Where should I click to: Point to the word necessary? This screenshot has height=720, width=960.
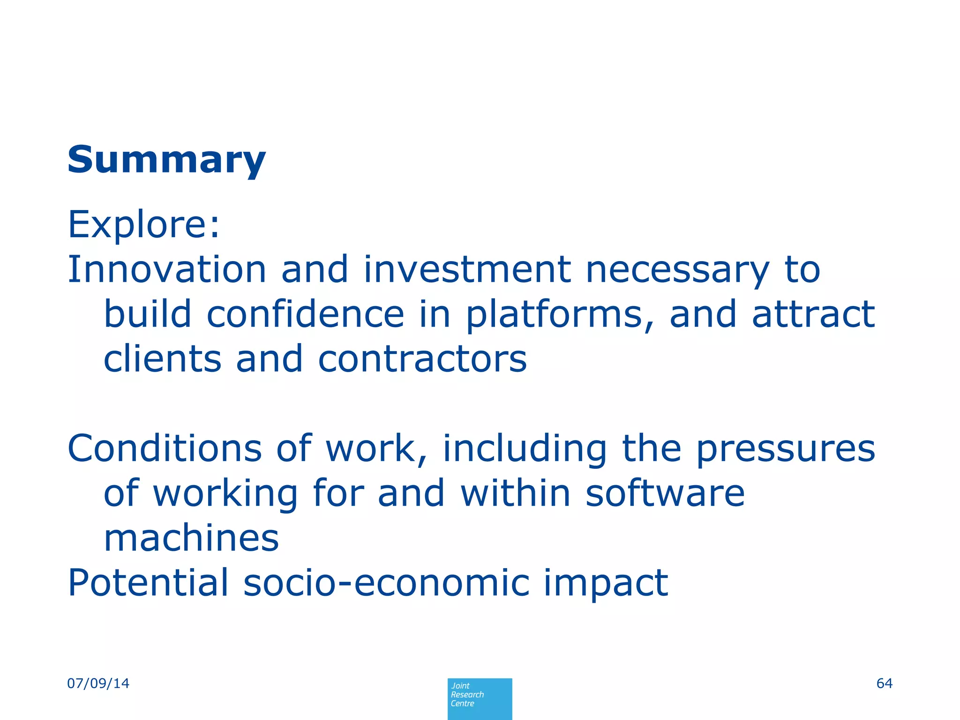(x=677, y=271)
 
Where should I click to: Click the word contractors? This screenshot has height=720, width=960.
(x=422, y=360)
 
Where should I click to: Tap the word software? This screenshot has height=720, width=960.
(x=665, y=493)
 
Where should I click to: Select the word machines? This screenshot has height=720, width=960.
(x=191, y=538)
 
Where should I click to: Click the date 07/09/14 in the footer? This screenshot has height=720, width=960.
(x=98, y=683)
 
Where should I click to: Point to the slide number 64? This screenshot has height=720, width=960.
(x=884, y=683)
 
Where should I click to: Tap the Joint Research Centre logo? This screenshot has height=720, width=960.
(x=480, y=698)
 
